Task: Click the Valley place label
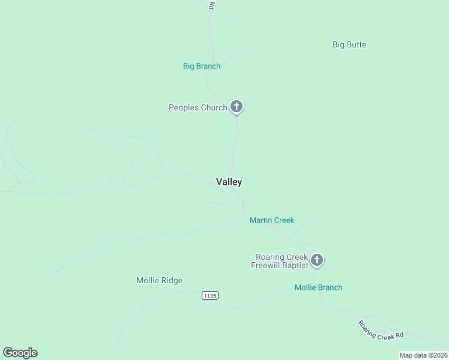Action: point(229,182)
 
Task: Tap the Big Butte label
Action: point(349,44)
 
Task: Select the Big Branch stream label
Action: point(202,66)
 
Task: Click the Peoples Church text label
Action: point(197,107)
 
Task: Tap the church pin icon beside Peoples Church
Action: point(237,107)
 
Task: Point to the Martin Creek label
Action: point(272,220)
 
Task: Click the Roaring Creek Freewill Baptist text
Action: point(280,261)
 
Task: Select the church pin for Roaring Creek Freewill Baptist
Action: point(317,260)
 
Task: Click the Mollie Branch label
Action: point(318,287)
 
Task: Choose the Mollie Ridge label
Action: point(159,280)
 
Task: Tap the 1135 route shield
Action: point(209,295)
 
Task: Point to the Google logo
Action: point(20,353)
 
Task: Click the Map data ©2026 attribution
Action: point(423,355)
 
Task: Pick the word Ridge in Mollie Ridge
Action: point(172,280)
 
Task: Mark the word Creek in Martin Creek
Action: point(283,220)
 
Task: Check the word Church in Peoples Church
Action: point(214,107)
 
